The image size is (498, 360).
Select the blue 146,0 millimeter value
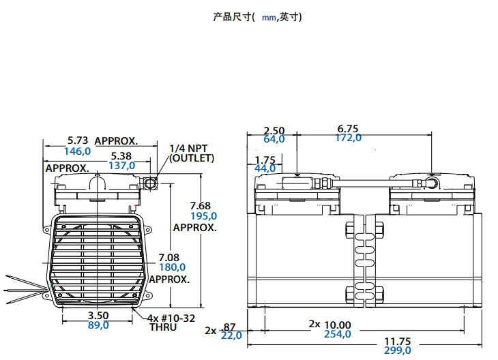tap(77, 151)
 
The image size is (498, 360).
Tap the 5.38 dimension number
tap(121, 156)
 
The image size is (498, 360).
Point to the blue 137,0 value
tap(122, 166)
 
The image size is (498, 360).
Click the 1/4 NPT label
tap(188, 148)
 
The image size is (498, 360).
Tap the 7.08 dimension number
tap(169, 257)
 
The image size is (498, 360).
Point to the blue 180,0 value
tap(171, 267)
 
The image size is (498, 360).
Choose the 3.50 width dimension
tap(98, 316)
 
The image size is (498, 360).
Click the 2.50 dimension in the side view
tap(274, 130)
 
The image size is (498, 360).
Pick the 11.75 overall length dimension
tap(398, 341)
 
